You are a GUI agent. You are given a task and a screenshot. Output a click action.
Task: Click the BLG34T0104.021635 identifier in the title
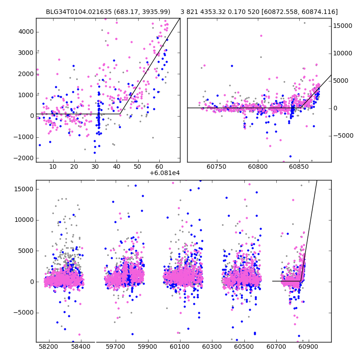coord(74,12)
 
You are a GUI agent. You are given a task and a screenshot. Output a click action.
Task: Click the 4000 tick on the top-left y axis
coord(26,31)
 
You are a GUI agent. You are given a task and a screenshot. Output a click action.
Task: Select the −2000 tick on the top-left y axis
coord(24,158)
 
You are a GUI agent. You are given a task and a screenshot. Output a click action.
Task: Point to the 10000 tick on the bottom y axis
coord(24,220)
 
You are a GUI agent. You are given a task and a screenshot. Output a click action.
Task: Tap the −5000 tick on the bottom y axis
coord(24,312)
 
